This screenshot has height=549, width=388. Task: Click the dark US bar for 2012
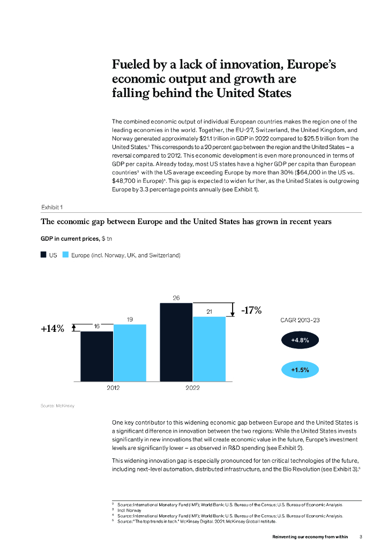click(97, 356)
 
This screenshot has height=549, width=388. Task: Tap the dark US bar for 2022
click(176, 342)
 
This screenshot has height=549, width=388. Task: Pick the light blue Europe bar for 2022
click(209, 349)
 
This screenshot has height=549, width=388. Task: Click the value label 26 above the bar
click(176, 297)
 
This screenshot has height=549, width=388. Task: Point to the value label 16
click(97, 326)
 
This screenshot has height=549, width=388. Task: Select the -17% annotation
click(251, 310)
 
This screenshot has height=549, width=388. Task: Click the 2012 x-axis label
click(113, 388)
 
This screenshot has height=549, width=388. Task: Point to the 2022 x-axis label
click(192, 388)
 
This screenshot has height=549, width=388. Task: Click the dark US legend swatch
click(43, 255)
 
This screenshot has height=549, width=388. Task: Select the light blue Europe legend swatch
click(65, 255)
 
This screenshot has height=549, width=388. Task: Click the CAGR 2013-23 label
click(300, 320)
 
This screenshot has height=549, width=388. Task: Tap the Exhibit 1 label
click(53, 207)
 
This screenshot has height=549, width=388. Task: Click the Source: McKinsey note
click(57, 405)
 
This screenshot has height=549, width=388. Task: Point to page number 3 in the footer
click(361, 537)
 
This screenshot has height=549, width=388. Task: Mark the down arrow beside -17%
click(233, 309)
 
